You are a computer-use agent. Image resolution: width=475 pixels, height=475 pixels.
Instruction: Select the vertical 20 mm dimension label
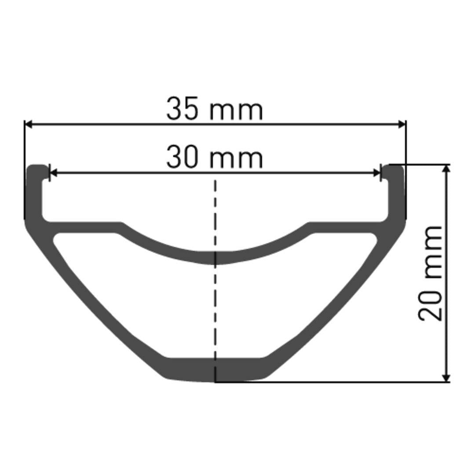point(430,273)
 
